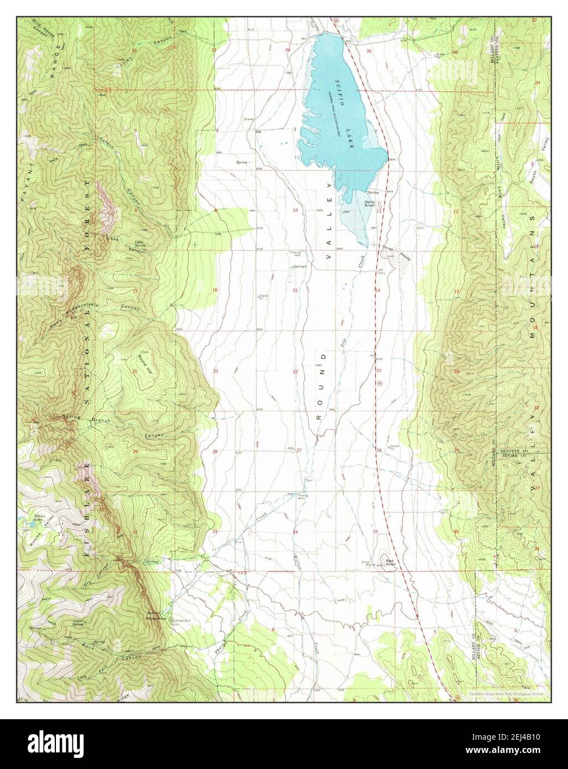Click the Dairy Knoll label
pos(370,204)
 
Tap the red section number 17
pos(135,290)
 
